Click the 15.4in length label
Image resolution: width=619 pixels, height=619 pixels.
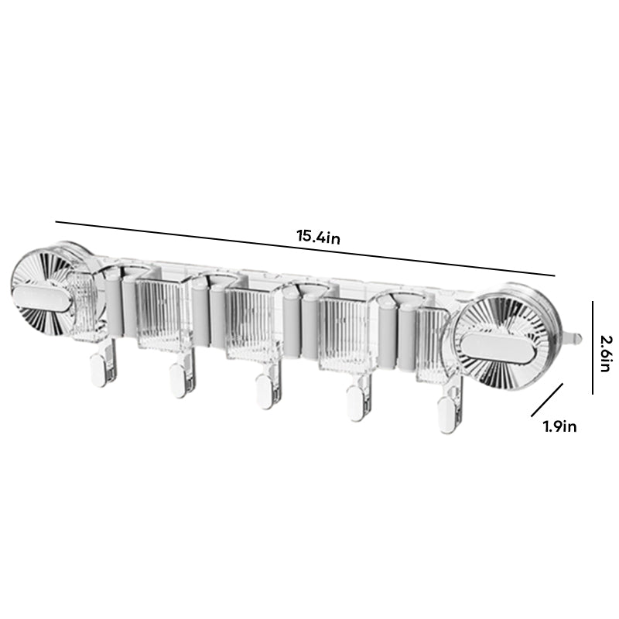click(318, 237)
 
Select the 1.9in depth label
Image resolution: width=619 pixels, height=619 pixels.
click(559, 426)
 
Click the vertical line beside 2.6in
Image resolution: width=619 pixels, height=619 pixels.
click(592, 347)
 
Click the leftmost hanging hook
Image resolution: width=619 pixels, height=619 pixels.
click(98, 368)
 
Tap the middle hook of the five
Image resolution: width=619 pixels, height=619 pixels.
click(265, 391)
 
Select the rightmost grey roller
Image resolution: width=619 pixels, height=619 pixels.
click(408, 337)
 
